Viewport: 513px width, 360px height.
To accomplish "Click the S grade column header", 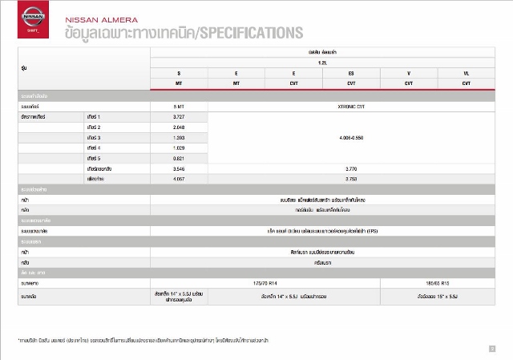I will (x=178, y=73).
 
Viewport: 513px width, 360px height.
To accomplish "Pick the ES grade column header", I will (x=351, y=73).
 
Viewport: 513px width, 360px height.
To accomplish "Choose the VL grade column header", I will (x=467, y=73).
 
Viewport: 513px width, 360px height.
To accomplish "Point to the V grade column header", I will (x=409, y=73).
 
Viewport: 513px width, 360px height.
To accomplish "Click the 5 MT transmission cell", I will (x=178, y=106).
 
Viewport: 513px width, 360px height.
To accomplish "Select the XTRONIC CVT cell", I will (x=351, y=106).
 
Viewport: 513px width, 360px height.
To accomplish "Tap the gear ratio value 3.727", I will (x=178, y=117).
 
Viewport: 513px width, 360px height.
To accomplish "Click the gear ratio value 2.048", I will (x=178, y=127).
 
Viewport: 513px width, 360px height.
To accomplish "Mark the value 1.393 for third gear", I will (x=178, y=138).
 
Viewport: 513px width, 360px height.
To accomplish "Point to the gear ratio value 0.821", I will (x=178, y=159).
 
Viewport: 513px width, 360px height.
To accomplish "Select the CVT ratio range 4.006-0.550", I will (x=351, y=138).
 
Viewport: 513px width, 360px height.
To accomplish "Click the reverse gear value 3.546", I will (x=178, y=169).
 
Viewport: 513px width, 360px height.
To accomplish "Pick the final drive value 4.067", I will (x=178, y=180).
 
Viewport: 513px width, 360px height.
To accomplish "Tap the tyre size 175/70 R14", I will (x=265, y=283).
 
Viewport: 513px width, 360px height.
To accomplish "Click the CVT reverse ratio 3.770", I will (x=351, y=169).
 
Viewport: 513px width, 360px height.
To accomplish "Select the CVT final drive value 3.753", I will (x=351, y=180).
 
